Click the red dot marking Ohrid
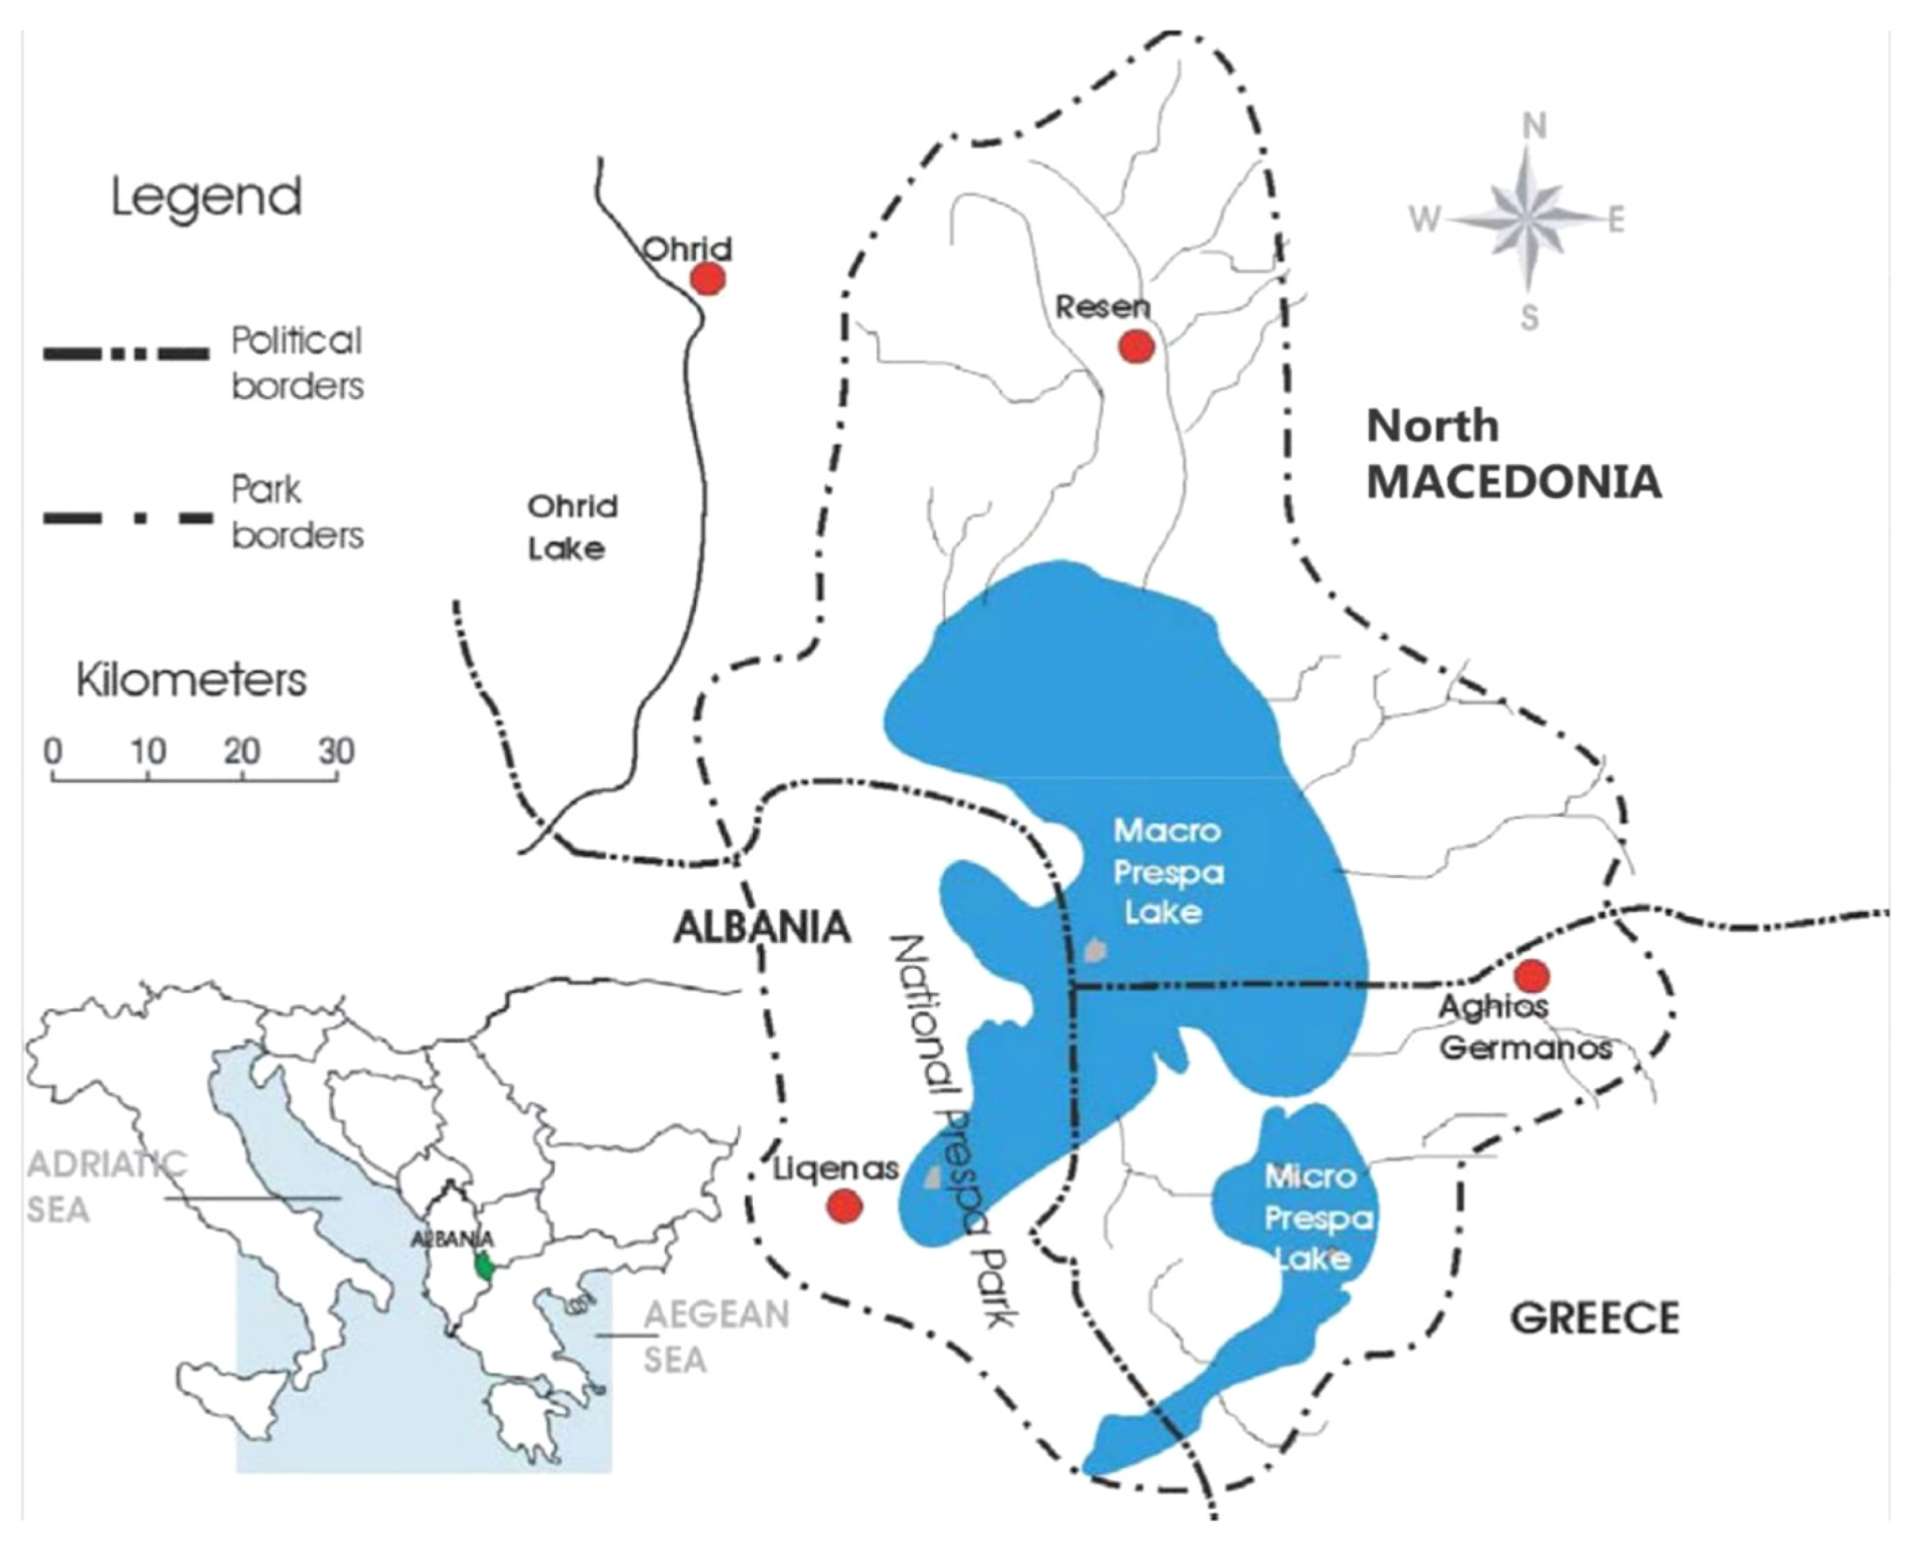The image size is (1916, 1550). click(x=707, y=280)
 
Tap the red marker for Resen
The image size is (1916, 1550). click(x=1136, y=346)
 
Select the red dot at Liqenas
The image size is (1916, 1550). click(x=844, y=1207)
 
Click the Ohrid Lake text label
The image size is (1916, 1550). click(x=572, y=528)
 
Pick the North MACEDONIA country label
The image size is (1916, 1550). click(x=1514, y=455)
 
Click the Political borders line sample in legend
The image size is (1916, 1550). click(x=126, y=354)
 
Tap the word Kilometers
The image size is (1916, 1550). click(x=192, y=680)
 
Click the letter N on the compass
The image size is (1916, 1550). click(x=1533, y=127)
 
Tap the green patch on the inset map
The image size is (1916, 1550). click(x=485, y=1266)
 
